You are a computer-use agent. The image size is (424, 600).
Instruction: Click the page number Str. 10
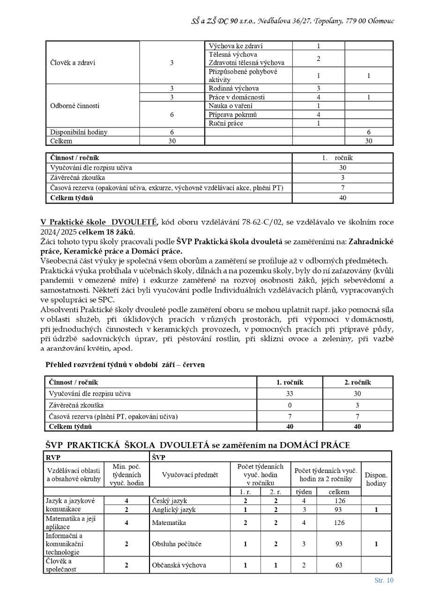384,580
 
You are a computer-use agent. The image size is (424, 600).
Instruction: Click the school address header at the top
292,21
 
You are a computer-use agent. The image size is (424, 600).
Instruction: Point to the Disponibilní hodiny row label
79,132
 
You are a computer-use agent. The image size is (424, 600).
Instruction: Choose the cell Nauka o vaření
231,106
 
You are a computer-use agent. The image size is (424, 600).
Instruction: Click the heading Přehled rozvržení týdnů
125,365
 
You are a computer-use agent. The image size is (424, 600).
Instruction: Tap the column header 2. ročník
357,382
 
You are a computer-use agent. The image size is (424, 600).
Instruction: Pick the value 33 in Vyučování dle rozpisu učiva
290,393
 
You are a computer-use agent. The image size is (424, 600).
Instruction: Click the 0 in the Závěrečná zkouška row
290,405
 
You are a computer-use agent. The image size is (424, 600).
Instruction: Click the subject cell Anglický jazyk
173,510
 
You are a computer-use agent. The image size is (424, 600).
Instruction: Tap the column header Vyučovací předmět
190,475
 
